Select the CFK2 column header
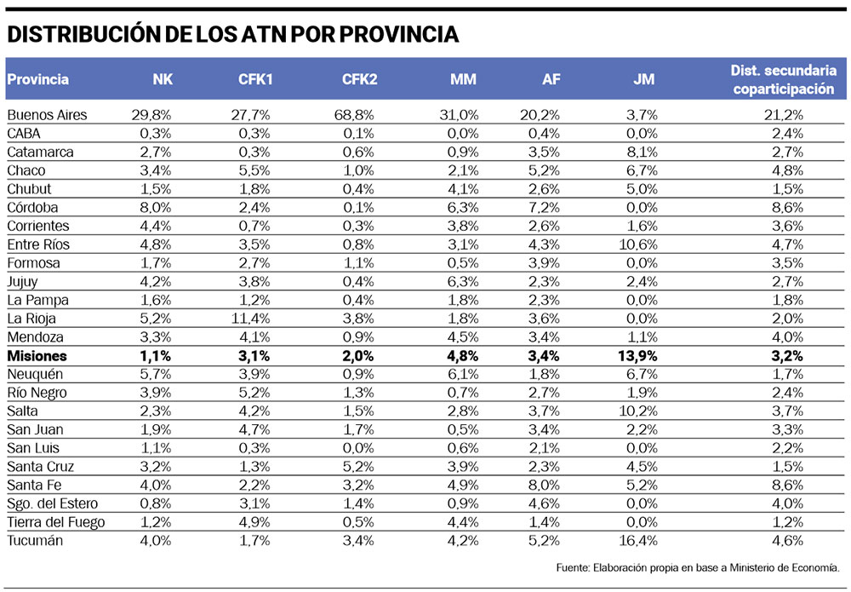click(x=359, y=80)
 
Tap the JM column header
click(x=643, y=80)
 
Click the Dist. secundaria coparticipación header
click(x=783, y=80)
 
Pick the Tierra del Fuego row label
click(x=55, y=522)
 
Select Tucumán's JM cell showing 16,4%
click(x=638, y=541)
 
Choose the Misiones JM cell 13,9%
click(x=638, y=356)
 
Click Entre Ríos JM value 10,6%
click(x=638, y=244)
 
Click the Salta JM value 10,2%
click(x=638, y=411)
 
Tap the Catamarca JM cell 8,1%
click(x=642, y=152)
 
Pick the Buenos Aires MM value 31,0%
click(x=460, y=114)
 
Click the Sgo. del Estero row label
click(x=53, y=503)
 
